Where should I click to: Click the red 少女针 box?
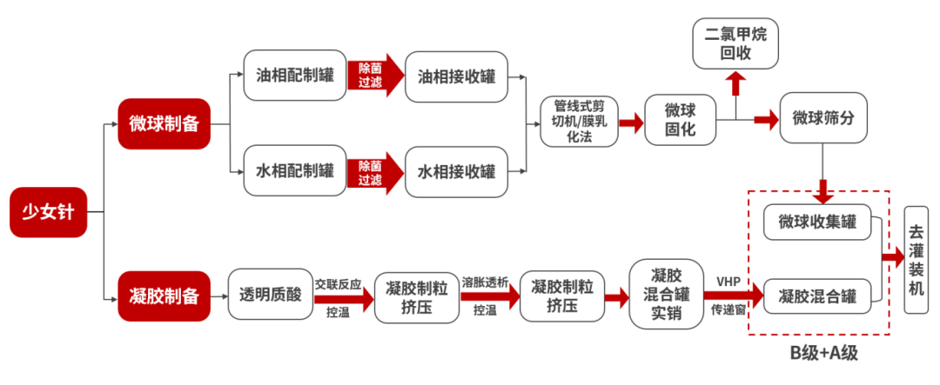click(x=49, y=211)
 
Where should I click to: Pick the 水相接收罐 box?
click(x=456, y=169)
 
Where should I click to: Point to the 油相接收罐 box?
click(x=456, y=76)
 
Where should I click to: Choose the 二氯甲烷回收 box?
click(x=735, y=44)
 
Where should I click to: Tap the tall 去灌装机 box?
click(x=916, y=257)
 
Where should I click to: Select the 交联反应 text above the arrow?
click(x=338, y=283)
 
